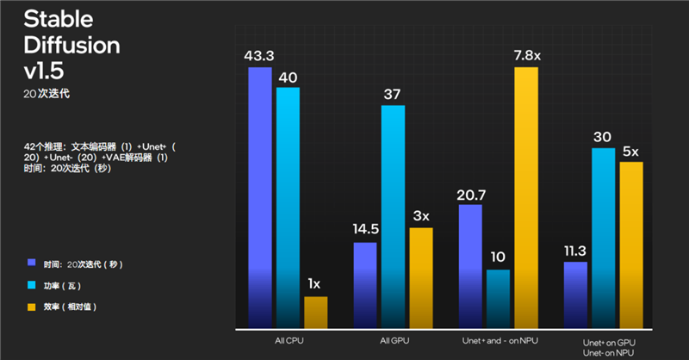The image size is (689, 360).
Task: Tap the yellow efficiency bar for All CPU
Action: tap(315, 312)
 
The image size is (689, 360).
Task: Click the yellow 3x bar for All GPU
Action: tap(420, 277)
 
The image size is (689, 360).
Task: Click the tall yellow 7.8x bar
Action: tap(526, 197)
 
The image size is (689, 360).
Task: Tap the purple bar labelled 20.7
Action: tap(470, 266)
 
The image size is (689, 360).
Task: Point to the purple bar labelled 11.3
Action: tap(575, 295)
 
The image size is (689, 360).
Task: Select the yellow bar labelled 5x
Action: tap(631, 245)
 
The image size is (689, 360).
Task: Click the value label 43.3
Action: tap(259, 55)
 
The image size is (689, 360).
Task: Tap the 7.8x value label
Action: tap(526, 55)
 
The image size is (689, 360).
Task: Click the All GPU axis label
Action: tap(393, 342)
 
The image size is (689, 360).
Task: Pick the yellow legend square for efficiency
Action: tap(31, 306)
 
